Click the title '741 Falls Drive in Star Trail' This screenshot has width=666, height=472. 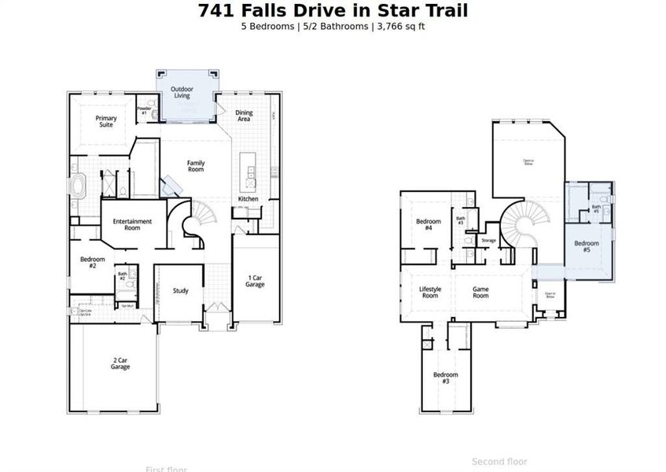(333, 10)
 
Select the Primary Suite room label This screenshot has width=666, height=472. (106, 121)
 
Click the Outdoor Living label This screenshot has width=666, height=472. (186, 93)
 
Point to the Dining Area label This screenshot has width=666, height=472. (245, 116)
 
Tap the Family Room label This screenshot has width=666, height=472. (196, 166)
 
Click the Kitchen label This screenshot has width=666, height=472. (248, 199)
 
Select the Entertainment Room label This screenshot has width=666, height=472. (132, 224)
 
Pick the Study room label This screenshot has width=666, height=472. (180, 291)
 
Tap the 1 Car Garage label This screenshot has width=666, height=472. (255, 281)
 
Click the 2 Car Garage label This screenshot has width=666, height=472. (120, 363)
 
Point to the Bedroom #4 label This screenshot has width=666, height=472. (429, 224)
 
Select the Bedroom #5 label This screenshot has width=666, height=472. (587, 247)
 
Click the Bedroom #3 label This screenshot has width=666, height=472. (446, 378)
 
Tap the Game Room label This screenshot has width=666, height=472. (480, 292)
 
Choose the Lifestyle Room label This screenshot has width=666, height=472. (430, 292)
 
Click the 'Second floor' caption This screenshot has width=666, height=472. (499, 462)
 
